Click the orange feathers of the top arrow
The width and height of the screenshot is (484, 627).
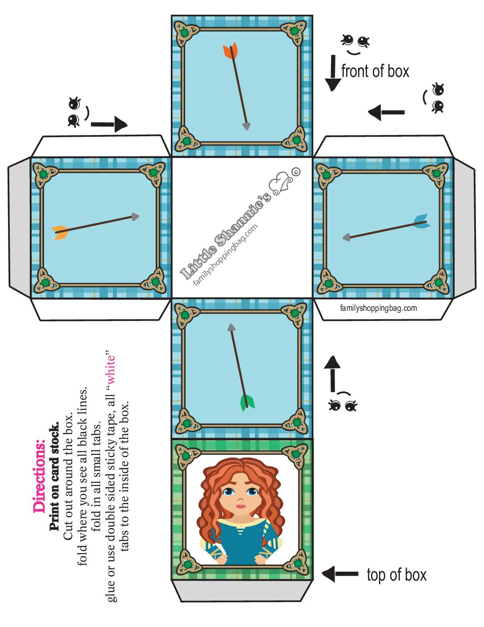click(x=230, y=51)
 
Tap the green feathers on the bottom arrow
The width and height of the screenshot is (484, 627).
click(x=247, y=403)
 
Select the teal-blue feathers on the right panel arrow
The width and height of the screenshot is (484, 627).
click(x=421, y=221)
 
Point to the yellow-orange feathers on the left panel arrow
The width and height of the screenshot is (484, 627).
click(x=60, y=232)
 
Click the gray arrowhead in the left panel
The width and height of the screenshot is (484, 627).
click(x=135, y=217)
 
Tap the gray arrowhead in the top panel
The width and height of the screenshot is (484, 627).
click(x=246, y=126)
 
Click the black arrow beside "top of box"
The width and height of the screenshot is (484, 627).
click(x=340, y=574)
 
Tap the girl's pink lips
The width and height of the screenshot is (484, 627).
click(x=241, y=506)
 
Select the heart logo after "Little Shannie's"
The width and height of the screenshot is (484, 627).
click(x=282, y=184)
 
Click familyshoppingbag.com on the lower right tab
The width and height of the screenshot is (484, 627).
click(x=378, y=308)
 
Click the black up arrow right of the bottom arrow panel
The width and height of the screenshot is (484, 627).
click(x=333, y=374)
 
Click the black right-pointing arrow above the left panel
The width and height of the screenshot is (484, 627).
click(x=109, y=124)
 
